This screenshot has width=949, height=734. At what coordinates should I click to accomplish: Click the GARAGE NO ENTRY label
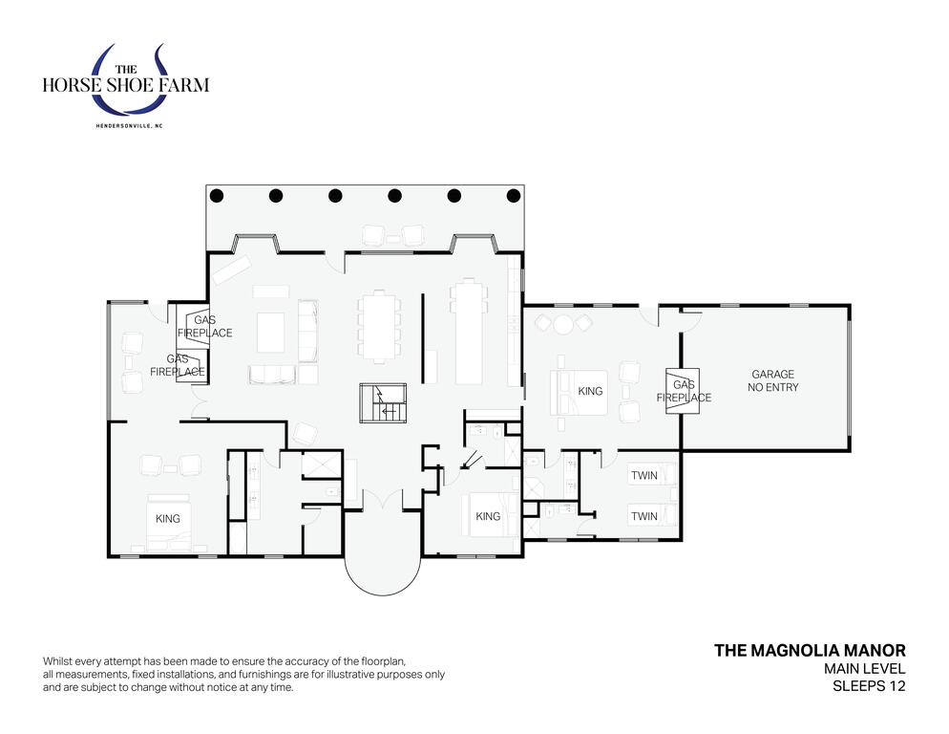772,380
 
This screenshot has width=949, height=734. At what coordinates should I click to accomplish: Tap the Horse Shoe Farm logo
126,82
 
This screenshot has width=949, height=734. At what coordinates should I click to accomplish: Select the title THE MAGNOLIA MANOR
810,650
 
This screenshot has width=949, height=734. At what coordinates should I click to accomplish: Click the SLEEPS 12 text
869,686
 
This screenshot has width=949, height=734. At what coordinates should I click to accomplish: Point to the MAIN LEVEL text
864,669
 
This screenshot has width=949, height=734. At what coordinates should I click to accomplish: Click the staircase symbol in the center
383,402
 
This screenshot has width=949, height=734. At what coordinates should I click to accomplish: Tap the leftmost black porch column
217,196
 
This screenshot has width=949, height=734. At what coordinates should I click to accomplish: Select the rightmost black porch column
514,196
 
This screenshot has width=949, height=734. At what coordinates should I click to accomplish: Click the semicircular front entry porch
383,572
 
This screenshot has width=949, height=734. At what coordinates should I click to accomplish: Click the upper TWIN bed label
643,475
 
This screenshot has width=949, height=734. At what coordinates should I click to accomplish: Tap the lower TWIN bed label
643,516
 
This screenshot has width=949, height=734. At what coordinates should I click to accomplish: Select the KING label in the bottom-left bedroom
168,519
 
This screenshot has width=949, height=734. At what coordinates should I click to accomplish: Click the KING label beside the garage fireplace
590,391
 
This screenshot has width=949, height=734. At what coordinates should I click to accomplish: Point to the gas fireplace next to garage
683,391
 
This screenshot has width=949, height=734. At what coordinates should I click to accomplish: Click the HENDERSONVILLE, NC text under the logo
130,126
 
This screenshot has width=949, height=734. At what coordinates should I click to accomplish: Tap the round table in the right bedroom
563,324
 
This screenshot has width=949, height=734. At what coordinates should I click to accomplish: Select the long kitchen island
469,333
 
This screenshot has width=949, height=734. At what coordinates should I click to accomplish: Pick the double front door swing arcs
383,499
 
